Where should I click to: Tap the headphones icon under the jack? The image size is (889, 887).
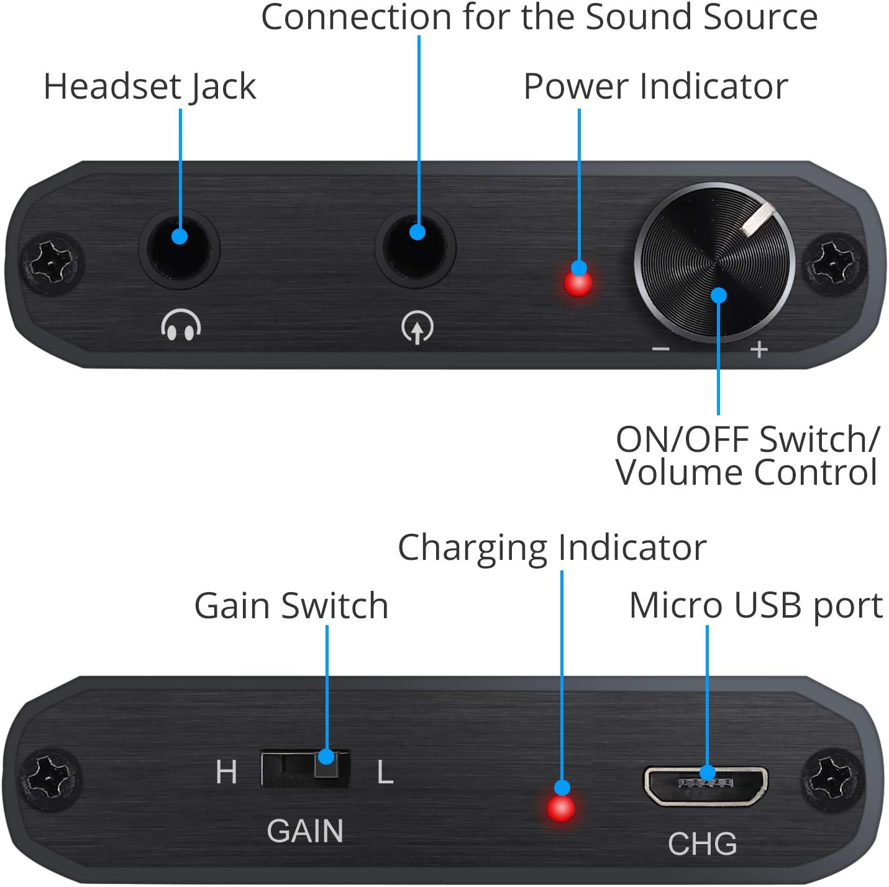[181, 325]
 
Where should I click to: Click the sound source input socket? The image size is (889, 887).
[416, 247]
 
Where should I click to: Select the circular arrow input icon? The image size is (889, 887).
[417, 327]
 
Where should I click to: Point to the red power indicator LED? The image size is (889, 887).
[578, 284]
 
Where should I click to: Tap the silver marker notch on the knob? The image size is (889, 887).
[758, 221]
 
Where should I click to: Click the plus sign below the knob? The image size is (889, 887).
[759, 349]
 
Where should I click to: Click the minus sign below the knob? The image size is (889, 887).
[660, 349]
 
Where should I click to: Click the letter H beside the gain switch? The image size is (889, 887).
[226, 772]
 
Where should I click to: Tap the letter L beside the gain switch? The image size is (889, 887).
[385, 773]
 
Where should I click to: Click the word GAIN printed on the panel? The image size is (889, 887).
[305, 831]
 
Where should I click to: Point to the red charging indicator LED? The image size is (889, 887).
[560, 808]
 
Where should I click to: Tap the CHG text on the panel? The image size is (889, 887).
[702, 844]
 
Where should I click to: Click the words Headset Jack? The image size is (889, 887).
[150, 86]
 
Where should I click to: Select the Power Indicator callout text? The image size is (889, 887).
[655, 86]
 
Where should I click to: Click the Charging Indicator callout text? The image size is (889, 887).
[552, 547]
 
